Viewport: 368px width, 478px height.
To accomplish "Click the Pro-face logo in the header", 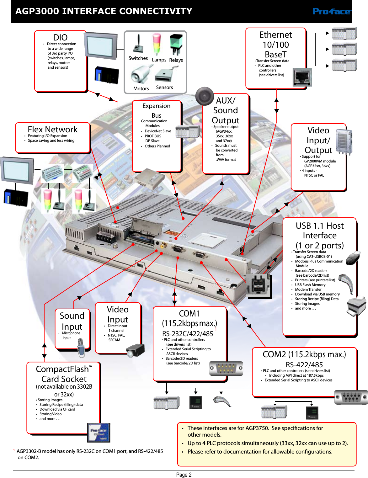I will pos(332,12).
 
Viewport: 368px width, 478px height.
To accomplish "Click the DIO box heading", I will pos(60,37).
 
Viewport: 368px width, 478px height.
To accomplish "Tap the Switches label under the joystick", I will pos(138,58).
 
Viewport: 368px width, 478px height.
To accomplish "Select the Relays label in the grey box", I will pos(176,60).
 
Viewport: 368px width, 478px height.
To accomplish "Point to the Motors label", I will pos(141,89).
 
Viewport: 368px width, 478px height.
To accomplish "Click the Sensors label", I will pos(164,88).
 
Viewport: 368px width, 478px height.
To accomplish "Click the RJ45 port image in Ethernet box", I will pos(302,77).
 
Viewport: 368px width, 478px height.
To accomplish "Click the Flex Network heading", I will pos(52,129).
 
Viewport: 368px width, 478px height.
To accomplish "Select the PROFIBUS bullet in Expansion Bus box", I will pos(153,136).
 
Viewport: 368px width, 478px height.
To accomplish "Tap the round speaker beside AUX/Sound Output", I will pos(205,96).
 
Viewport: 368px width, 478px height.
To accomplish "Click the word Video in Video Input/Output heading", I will pos(318,130).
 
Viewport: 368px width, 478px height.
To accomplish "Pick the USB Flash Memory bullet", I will pos(310,285).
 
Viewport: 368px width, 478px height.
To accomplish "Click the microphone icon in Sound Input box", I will pos(81,348).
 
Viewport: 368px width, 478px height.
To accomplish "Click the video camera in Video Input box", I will pos(136,350).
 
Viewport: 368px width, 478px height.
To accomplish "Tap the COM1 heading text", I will pos(189,314).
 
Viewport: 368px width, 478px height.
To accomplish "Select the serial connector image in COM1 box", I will pos(226,368).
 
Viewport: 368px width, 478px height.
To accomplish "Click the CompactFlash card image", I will pos(99,433).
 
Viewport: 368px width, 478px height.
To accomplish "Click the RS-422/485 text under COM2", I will pos(304,365).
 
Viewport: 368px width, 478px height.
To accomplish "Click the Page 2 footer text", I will pos(184,475).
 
